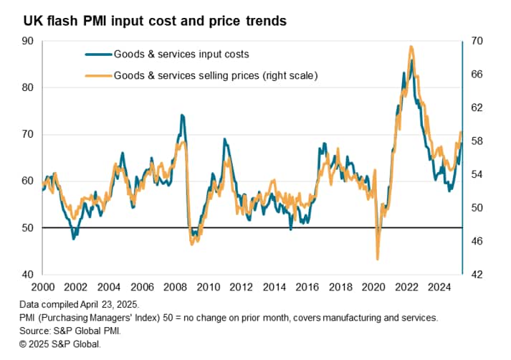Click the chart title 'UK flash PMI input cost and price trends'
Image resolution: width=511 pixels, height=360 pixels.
pyautogui.click(x=154, y=21)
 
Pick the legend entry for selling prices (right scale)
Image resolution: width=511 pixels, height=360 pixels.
pyautogui.click(x=215, y=75)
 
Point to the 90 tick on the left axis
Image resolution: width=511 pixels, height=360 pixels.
pyautogui.click(x=29, y=41)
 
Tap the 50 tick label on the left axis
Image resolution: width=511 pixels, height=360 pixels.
pyautogui.click(x=29, y=228)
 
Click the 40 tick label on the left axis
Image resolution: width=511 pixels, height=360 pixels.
pyautogui.click(x=29, y=275)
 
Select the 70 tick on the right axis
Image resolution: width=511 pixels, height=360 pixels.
pyautogui.click(x=475, y=41)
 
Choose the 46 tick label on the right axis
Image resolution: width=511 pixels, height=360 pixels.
pyautogui.click(x=475, y=241)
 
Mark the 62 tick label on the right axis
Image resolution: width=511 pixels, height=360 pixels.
pyautogui.click(x=475, y=108)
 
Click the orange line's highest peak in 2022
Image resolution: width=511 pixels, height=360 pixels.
pyautogui.click(x=411, y=47)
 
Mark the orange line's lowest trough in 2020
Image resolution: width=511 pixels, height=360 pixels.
pyautogui.click(x=378, y=259)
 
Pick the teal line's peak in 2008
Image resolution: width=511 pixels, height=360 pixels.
pyautogui.click(x=181, y=115)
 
